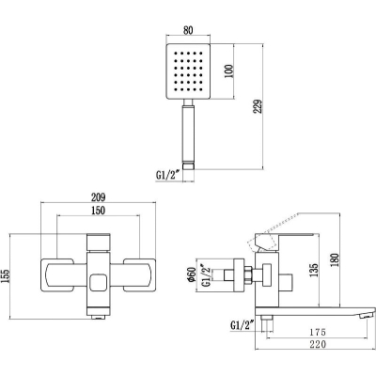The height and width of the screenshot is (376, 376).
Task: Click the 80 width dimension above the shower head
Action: tap(188, 30)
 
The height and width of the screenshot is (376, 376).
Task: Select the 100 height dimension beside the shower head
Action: tap(229, 71)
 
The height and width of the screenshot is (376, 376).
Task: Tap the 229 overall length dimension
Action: tap(258, 107)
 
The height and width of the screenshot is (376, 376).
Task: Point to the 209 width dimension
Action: tap(99, 197)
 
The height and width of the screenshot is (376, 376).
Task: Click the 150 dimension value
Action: tap(99, 211)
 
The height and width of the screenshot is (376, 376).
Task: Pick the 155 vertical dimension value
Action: tap(6, 276)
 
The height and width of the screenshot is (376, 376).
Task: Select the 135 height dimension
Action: tap(314, 270)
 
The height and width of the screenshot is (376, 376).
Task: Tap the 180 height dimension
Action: tap(335, 259)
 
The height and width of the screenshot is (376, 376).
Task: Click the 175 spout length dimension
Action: tap(318, 332)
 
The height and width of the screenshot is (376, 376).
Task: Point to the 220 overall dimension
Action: tap(318, 344)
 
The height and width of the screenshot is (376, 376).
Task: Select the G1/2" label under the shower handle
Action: tap(167, 175)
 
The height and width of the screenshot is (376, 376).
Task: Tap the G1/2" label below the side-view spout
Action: tap(242, 325)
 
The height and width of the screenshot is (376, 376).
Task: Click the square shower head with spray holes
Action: tap(188, 71)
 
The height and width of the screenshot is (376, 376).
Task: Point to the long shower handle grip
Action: tap(188, 133)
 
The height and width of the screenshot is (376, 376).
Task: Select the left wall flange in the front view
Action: tap(57, 275)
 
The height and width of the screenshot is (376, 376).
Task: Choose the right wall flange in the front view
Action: tap(139, 275)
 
